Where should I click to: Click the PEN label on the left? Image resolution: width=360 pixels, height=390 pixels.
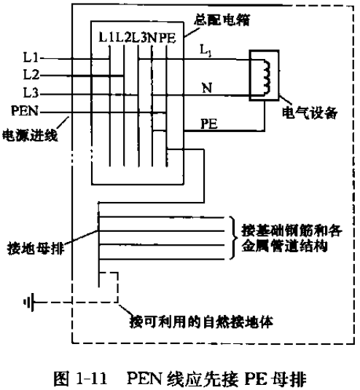pyautogui.click(x=28, y=112)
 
